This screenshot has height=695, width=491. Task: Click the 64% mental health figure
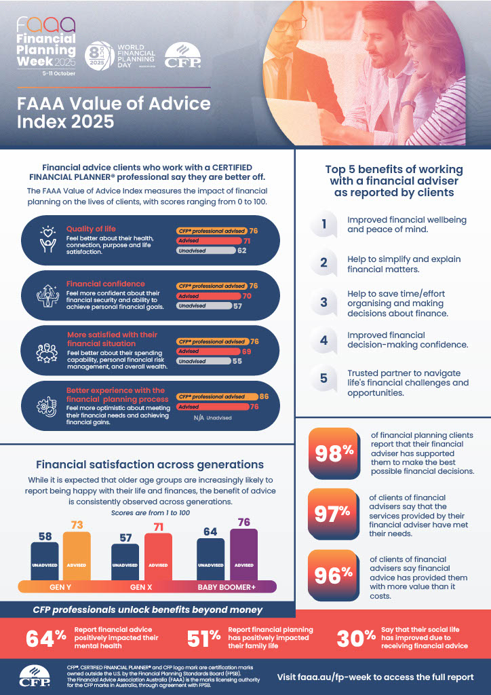tap(46, 638)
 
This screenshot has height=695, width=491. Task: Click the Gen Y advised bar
tap(77, 557)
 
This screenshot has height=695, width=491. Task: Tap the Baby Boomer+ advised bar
tap(243, 555)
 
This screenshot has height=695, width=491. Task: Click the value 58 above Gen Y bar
tap(45, 536)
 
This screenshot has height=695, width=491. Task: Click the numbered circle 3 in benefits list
tap(324, 303)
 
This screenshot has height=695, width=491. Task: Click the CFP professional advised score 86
tap(264, 396)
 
